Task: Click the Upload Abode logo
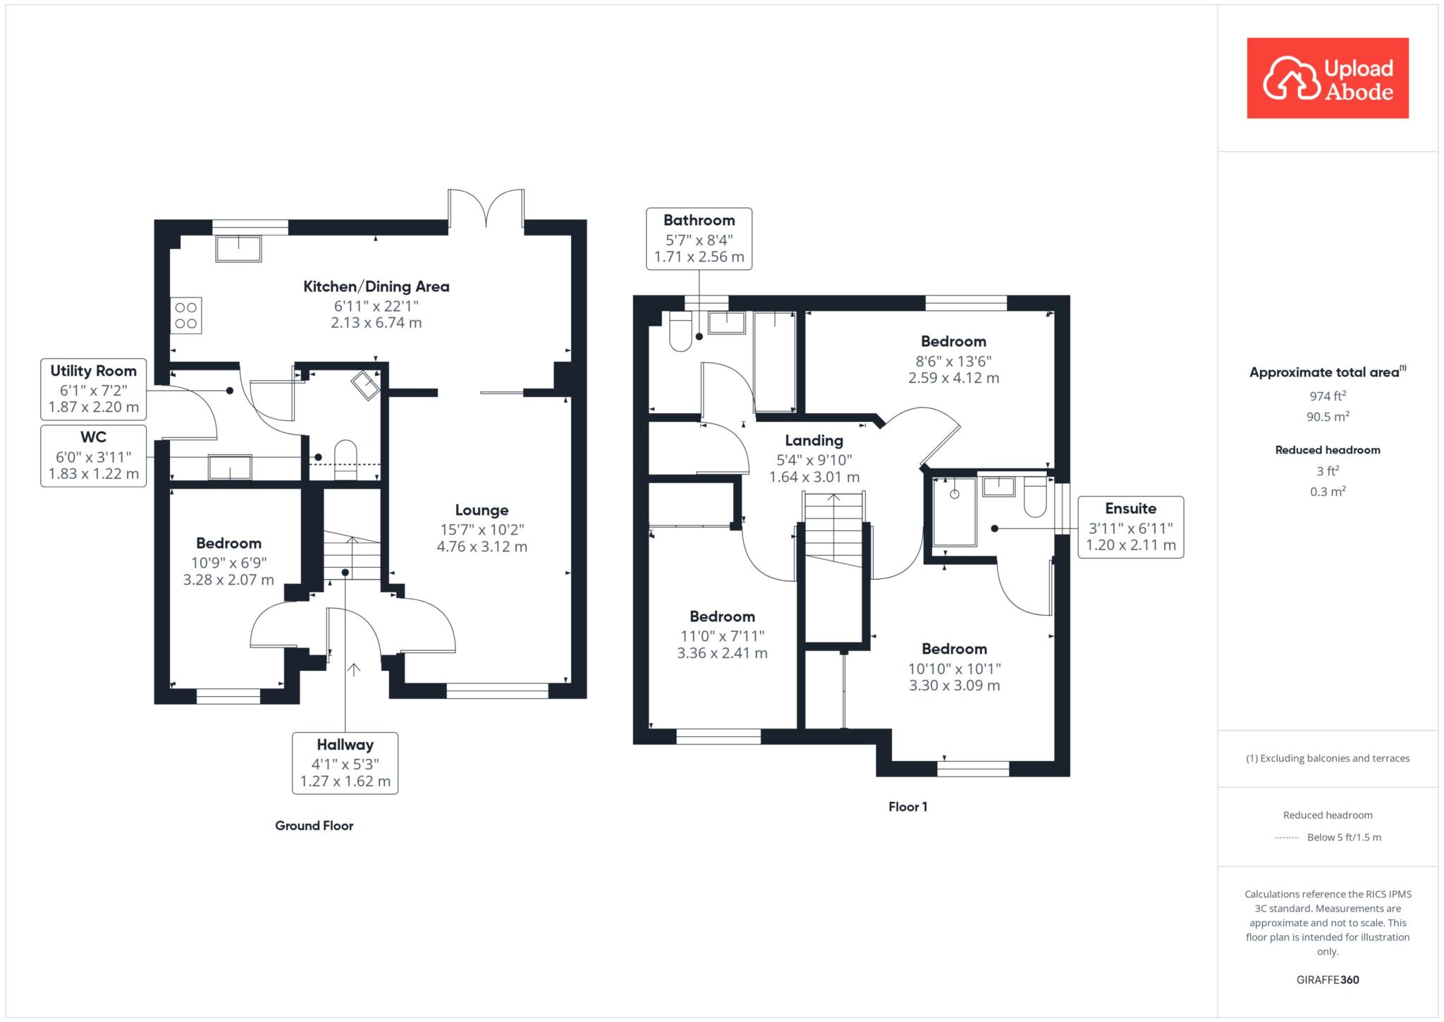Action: pos(1327,78)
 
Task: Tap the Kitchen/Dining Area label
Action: pos(376,286)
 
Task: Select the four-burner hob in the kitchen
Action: pos(186,315)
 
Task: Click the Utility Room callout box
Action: pos(94,389)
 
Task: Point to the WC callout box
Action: pos(94,456)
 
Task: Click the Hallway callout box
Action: pos(345,763)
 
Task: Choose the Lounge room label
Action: pos(482,510)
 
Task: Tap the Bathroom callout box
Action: pos(699,238)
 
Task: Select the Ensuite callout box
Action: pos(1130,527)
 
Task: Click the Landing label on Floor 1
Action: pos(814,441)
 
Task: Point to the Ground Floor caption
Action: pos(314,826)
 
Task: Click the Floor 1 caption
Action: pos(907,807)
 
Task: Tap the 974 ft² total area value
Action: pos(1327,396)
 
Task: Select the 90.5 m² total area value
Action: pos(1327,417)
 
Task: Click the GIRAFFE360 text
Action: pos(1327,980)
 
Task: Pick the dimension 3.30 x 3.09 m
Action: pos(954,686)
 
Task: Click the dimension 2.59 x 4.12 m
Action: pos(953,378)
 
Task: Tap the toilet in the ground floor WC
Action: pos(345,456)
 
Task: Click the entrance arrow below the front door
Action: pos(353,669)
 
